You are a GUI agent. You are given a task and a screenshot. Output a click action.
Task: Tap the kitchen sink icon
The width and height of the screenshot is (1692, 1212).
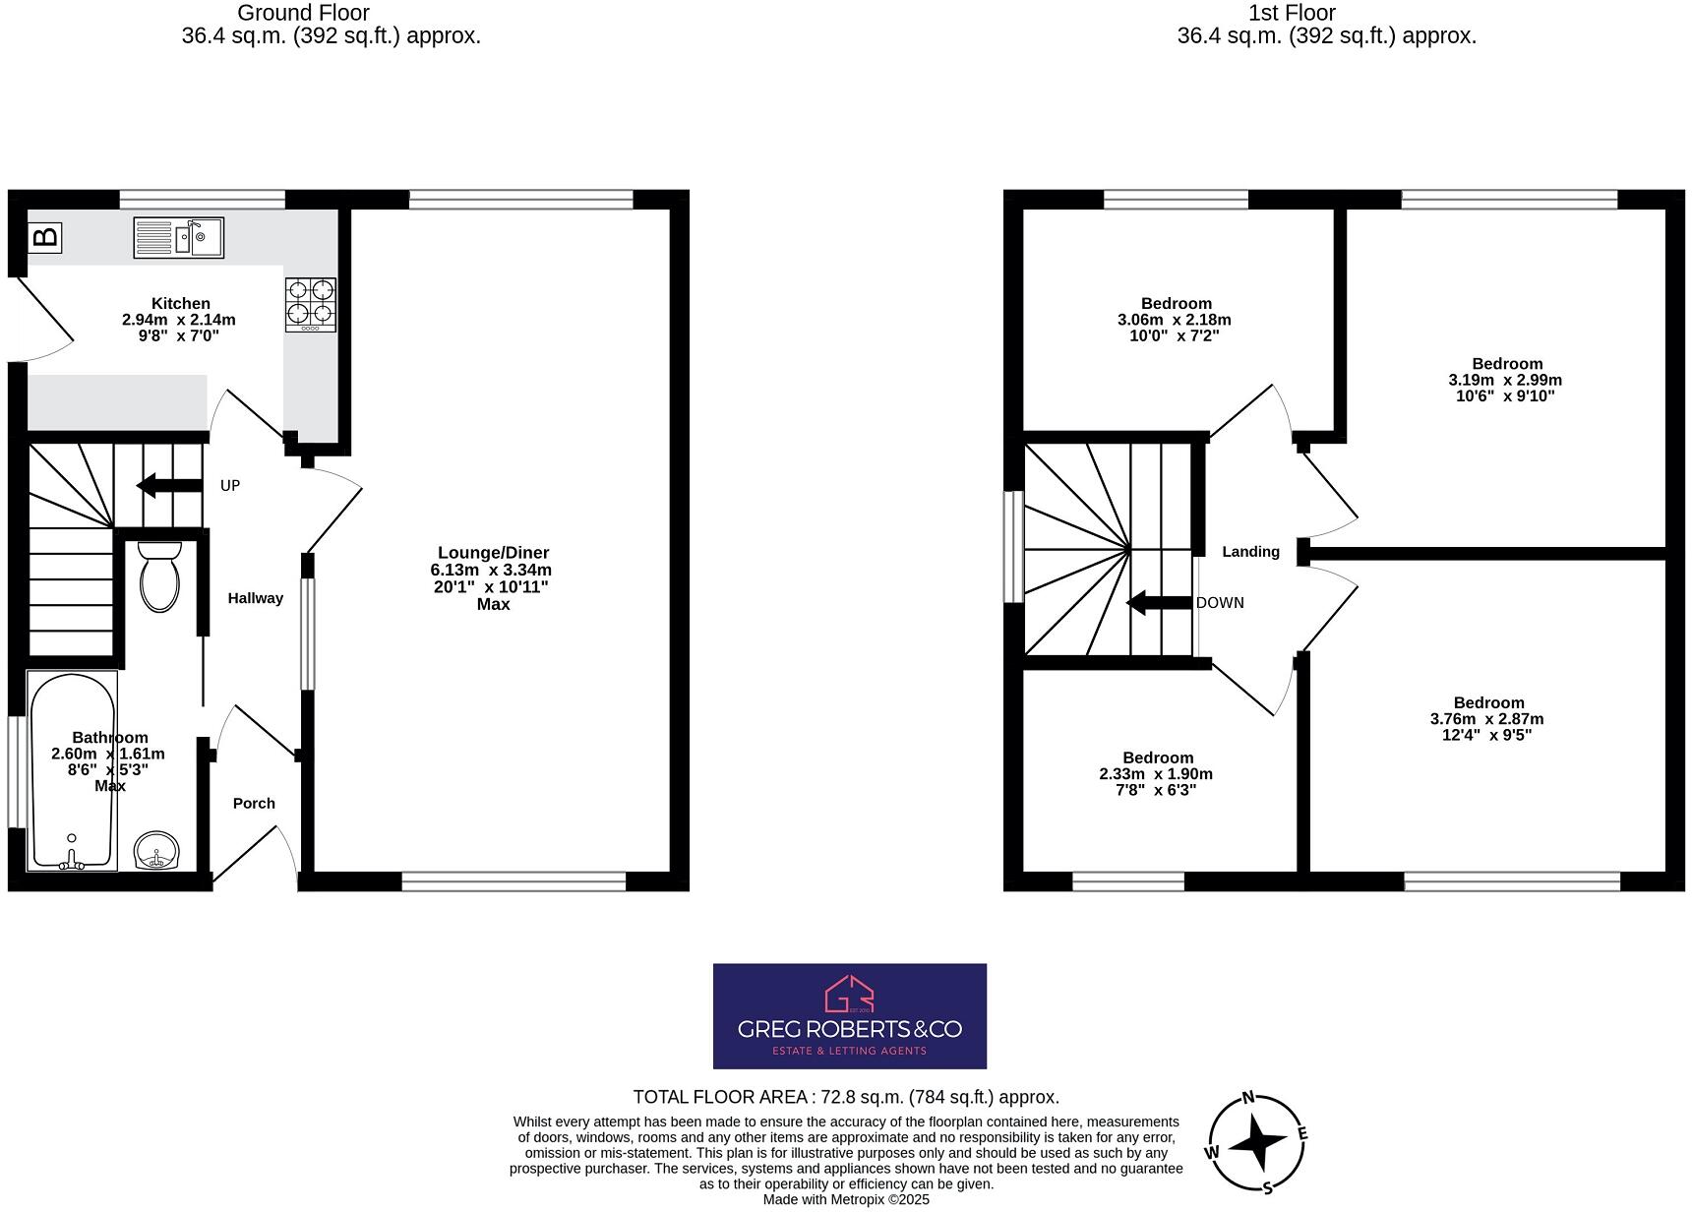click(179, 237)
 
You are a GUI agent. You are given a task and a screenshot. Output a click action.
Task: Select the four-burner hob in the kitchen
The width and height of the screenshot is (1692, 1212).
click(311, 304)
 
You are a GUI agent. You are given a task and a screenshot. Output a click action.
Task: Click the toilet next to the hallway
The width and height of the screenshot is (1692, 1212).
click(160, 576)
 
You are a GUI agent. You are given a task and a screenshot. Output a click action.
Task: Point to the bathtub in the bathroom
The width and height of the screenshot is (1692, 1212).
click(72, 770)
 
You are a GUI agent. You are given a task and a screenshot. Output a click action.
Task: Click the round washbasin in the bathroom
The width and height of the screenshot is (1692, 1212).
click(156, 851)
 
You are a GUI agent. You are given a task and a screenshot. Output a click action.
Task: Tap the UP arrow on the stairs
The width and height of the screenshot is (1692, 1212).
click(168, 485)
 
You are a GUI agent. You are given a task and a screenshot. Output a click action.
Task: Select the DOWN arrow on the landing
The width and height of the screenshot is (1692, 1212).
click(1159, 603)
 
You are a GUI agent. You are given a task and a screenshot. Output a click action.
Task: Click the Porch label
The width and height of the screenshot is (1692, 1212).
click(254, 804)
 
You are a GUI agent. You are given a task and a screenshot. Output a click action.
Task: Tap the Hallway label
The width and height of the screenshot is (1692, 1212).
click(256, 598)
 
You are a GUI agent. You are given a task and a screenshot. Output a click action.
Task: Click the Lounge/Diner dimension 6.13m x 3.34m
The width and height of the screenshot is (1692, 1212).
click(491, 570)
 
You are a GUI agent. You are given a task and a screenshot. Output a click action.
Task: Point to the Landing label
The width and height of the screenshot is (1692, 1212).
click(1250, 552)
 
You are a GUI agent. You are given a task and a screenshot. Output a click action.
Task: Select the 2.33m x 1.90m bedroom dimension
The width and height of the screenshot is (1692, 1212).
click(1156, 774)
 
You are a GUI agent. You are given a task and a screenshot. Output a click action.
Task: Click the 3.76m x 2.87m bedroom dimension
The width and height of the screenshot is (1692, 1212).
click(1486, 719)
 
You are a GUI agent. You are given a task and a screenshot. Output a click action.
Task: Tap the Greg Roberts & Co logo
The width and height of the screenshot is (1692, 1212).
click(849, 1015)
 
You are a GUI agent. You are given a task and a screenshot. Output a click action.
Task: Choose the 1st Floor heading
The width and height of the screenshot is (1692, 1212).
click(1292, 13)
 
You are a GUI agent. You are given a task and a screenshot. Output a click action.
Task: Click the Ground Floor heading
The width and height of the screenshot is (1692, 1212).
click(304, 13)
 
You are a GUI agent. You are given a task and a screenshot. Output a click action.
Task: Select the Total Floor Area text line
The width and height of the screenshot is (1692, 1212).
click(846, 1097)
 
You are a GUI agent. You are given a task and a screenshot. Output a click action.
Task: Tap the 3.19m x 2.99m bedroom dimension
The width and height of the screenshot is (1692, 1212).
click(1505, 380)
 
